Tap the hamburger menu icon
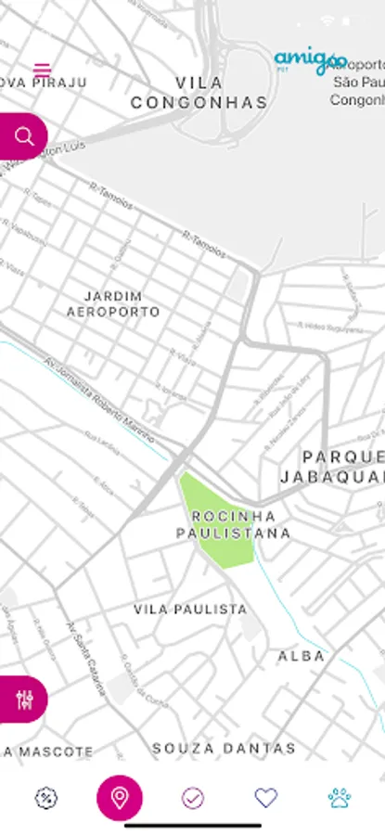point(42,70)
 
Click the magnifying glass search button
point(24,137)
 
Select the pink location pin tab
point(120,797)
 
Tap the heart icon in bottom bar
point(266,797)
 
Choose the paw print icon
point(339,797)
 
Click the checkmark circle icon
point(193,797)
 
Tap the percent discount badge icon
point(46,797)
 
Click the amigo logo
point(310,62)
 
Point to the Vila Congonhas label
point(199,93)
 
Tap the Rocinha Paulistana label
point(234,524)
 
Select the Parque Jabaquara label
point(333,467)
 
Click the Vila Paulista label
point(190,610)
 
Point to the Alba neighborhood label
point(302,656)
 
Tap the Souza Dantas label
point(224,748)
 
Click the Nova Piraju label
point(44,83)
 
